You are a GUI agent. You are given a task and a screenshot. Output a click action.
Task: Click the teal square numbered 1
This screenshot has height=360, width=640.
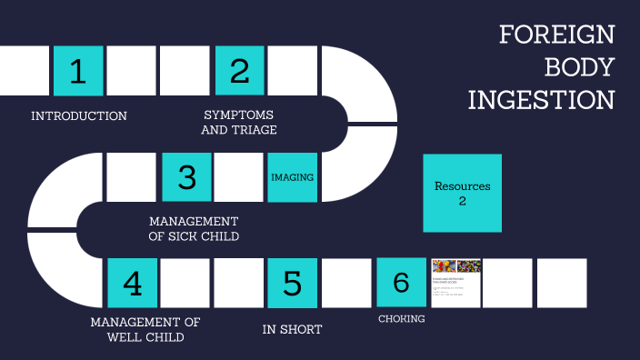[78, 71]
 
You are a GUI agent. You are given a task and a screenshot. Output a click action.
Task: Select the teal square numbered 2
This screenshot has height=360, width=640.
[239, 71]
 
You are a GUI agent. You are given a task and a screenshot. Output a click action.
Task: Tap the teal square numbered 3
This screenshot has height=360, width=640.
[186, 176]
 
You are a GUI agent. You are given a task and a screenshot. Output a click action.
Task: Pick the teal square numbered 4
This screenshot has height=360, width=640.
[132, 283]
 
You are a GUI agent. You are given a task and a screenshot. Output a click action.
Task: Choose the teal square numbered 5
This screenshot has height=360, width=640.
[293, 283]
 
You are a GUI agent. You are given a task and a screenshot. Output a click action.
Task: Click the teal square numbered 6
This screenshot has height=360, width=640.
[401, 283]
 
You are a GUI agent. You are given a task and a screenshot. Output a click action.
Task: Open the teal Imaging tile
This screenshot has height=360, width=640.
[293, 176]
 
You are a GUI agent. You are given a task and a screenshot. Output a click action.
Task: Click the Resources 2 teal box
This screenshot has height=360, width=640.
[462, 193]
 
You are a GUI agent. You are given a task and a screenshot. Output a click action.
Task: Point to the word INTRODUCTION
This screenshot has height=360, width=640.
[79, 116]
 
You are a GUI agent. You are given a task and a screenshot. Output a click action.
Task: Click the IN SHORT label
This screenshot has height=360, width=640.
[292, 329]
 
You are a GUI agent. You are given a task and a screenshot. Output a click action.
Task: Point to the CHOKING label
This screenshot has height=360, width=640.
[402, 319]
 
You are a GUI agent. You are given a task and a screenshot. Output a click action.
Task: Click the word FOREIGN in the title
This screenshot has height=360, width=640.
[556, 36]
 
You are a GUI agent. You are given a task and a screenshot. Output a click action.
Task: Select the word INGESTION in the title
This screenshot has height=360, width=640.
[541, 99]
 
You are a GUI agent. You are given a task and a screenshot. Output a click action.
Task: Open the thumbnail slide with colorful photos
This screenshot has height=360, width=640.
[455, 283]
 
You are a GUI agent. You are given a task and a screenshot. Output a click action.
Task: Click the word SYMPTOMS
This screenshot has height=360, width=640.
[239, 115]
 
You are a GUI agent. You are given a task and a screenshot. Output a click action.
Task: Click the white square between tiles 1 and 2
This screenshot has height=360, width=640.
[132, 71]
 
